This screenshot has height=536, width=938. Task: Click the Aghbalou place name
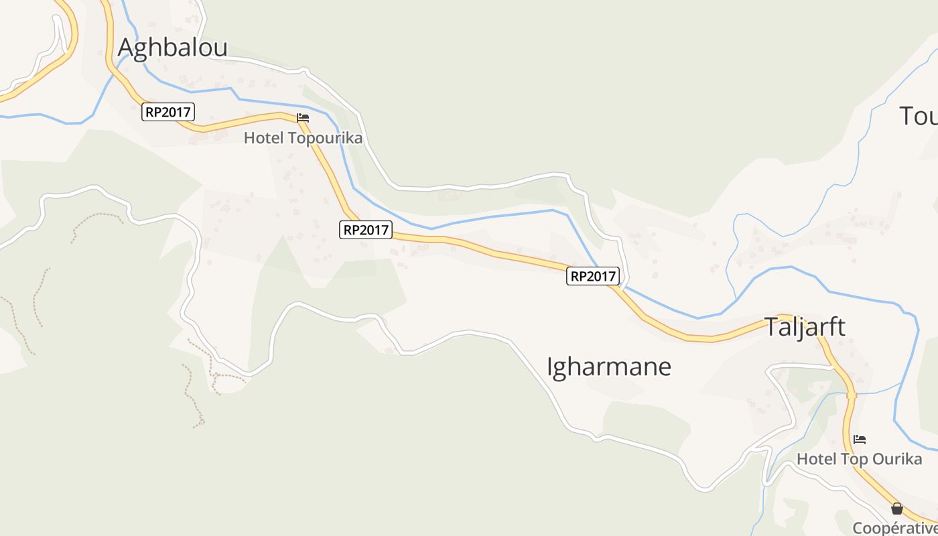click(x=173, y=48)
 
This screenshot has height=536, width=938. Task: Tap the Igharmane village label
click(x=609, y=367)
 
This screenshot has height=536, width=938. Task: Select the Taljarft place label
click(x=805, y=327)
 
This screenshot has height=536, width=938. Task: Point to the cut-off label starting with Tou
click(x=918, y=116)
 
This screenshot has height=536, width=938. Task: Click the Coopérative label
click(x=895, y=528)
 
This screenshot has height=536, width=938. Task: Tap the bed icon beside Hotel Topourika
click(x=303, y=117)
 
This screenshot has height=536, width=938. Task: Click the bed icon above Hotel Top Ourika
click(x=860, y=440)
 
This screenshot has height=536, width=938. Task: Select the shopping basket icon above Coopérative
click(x=897, y=509)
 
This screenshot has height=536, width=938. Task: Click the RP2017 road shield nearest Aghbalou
click(x=168, y=112)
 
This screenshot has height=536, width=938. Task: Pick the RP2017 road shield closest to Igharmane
click(x=592, y=276)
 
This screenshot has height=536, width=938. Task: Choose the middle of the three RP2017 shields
click(x=365, y=230)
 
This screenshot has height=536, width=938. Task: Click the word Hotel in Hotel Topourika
click(x=264, y=139)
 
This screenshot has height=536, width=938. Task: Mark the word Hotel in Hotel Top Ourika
click(x=817, y=459)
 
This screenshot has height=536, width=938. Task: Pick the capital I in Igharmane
click(x=550, y=367)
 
